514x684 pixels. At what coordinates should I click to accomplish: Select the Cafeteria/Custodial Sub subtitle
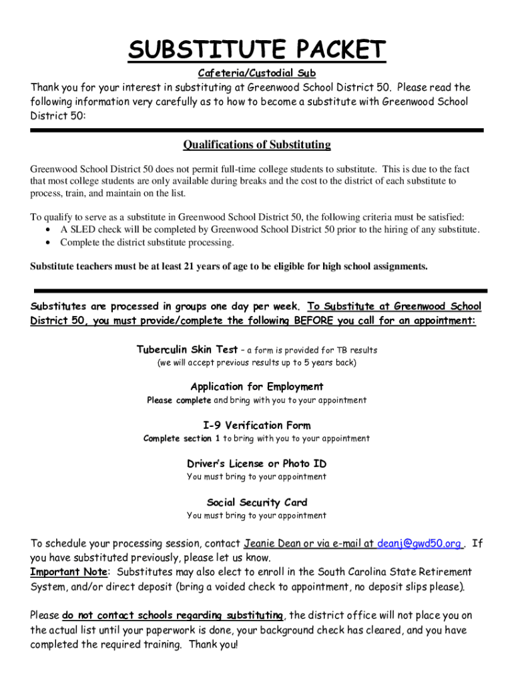pyautogui.click(x=257, y=73)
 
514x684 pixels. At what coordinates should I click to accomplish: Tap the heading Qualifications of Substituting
pyautogui.click(x=257, y=145)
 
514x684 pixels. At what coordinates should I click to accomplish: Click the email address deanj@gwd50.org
pyautogui.click(x=419, y=543)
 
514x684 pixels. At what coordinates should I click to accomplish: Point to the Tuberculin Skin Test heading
pyautogui.click(x=187, y=349)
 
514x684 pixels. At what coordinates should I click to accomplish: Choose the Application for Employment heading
pyautogui.click(x=257, y=386)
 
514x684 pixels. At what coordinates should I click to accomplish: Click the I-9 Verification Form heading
pyautogui.click(x=257, y=425)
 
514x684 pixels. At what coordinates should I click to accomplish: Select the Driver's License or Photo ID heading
pyautogui.click(x=257, y=464)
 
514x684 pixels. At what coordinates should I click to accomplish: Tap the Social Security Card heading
pyautogui.click(x=257, y=502)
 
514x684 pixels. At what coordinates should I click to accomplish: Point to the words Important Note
pyautogui.click(x=69, y=572)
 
